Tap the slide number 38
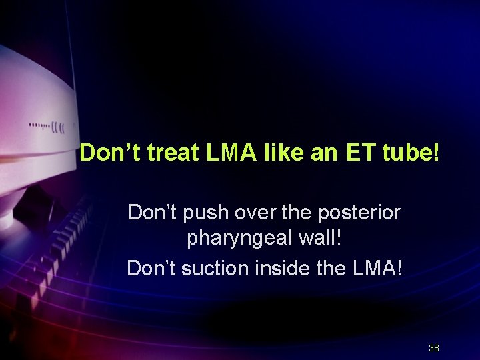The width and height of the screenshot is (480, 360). pos(433,348)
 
